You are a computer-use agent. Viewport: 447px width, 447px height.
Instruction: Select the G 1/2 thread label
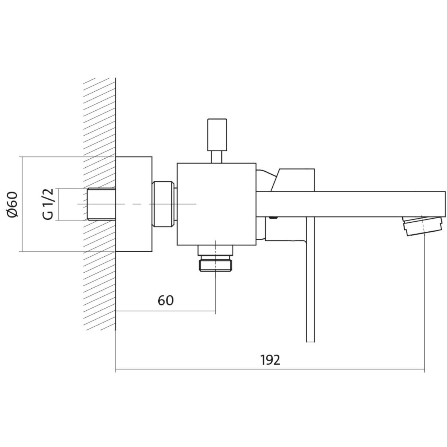(48, 204)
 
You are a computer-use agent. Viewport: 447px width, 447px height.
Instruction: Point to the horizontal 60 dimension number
(166, 301)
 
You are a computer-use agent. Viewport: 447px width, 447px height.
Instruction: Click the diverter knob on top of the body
(217, 135)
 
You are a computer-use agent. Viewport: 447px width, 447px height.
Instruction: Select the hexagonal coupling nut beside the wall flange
(163, 204)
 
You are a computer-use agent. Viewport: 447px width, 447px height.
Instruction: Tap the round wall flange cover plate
(134, 204)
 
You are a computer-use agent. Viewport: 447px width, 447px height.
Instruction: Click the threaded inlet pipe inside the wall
(101, 204)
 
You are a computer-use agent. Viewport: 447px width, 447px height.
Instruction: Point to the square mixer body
(217, 204)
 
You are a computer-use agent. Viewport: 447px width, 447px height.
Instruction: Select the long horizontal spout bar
(351, 205)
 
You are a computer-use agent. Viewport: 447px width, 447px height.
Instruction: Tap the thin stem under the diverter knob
(217, 157)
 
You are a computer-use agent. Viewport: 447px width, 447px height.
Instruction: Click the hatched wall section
(100, 204)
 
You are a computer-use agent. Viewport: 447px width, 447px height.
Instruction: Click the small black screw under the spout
(274, 218)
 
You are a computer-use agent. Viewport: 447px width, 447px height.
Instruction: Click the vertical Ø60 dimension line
(22, 204)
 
